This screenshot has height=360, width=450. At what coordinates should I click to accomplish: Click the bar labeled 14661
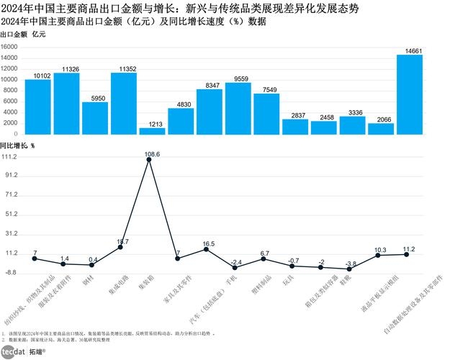tap(409, 94)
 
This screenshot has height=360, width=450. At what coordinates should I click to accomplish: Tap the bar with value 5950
tap(94, 118)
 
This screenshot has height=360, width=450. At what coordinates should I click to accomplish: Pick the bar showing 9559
tap(238, 109)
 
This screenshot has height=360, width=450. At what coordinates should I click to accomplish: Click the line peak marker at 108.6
tap(149, 160)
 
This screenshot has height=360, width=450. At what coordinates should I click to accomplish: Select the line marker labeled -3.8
tap(349, 269)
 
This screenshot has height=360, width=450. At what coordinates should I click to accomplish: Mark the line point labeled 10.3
tap(378, 255)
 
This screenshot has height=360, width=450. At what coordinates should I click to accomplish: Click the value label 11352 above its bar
tap(123, 68)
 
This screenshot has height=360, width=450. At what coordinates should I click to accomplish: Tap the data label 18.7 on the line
tap(122, 241)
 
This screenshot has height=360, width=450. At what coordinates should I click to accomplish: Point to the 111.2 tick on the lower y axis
tap(9, 156)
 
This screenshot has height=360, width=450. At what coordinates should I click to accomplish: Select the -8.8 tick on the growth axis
tap(11, 273)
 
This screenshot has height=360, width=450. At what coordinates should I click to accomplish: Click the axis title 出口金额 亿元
tap(22, 35)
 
